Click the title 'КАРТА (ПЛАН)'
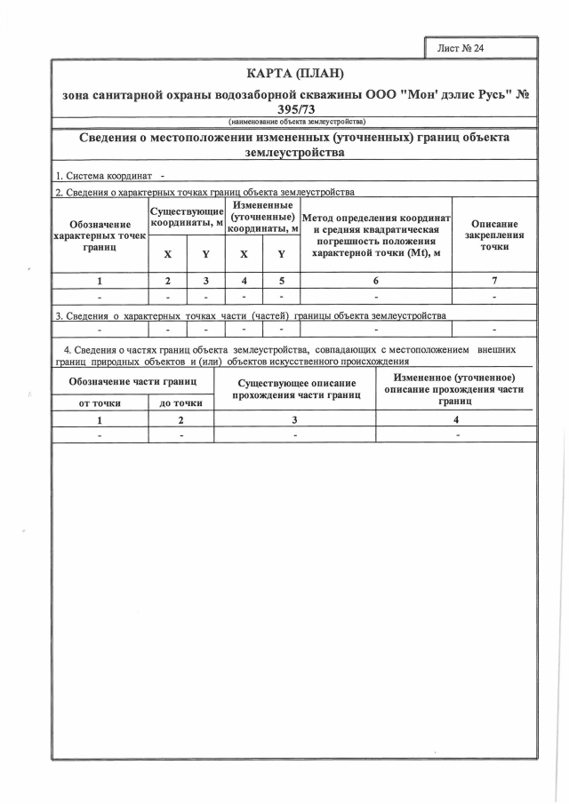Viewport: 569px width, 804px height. [293, 72]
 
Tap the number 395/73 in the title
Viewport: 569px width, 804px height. [295, 109]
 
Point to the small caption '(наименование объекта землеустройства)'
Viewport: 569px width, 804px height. [294, 121]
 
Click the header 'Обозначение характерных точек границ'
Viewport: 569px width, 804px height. [100, 235]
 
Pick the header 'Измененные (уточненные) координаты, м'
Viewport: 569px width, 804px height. [262, 218]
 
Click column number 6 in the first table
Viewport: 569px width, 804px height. [376, 281]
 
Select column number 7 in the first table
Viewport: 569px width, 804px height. [494, 281]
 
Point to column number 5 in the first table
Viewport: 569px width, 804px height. [281, 281]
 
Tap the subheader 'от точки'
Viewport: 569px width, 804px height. [100, 402]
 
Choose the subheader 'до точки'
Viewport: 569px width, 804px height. [180, 402]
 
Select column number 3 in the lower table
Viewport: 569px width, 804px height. [294, 419]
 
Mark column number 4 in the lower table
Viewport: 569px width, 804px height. [456, 419]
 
